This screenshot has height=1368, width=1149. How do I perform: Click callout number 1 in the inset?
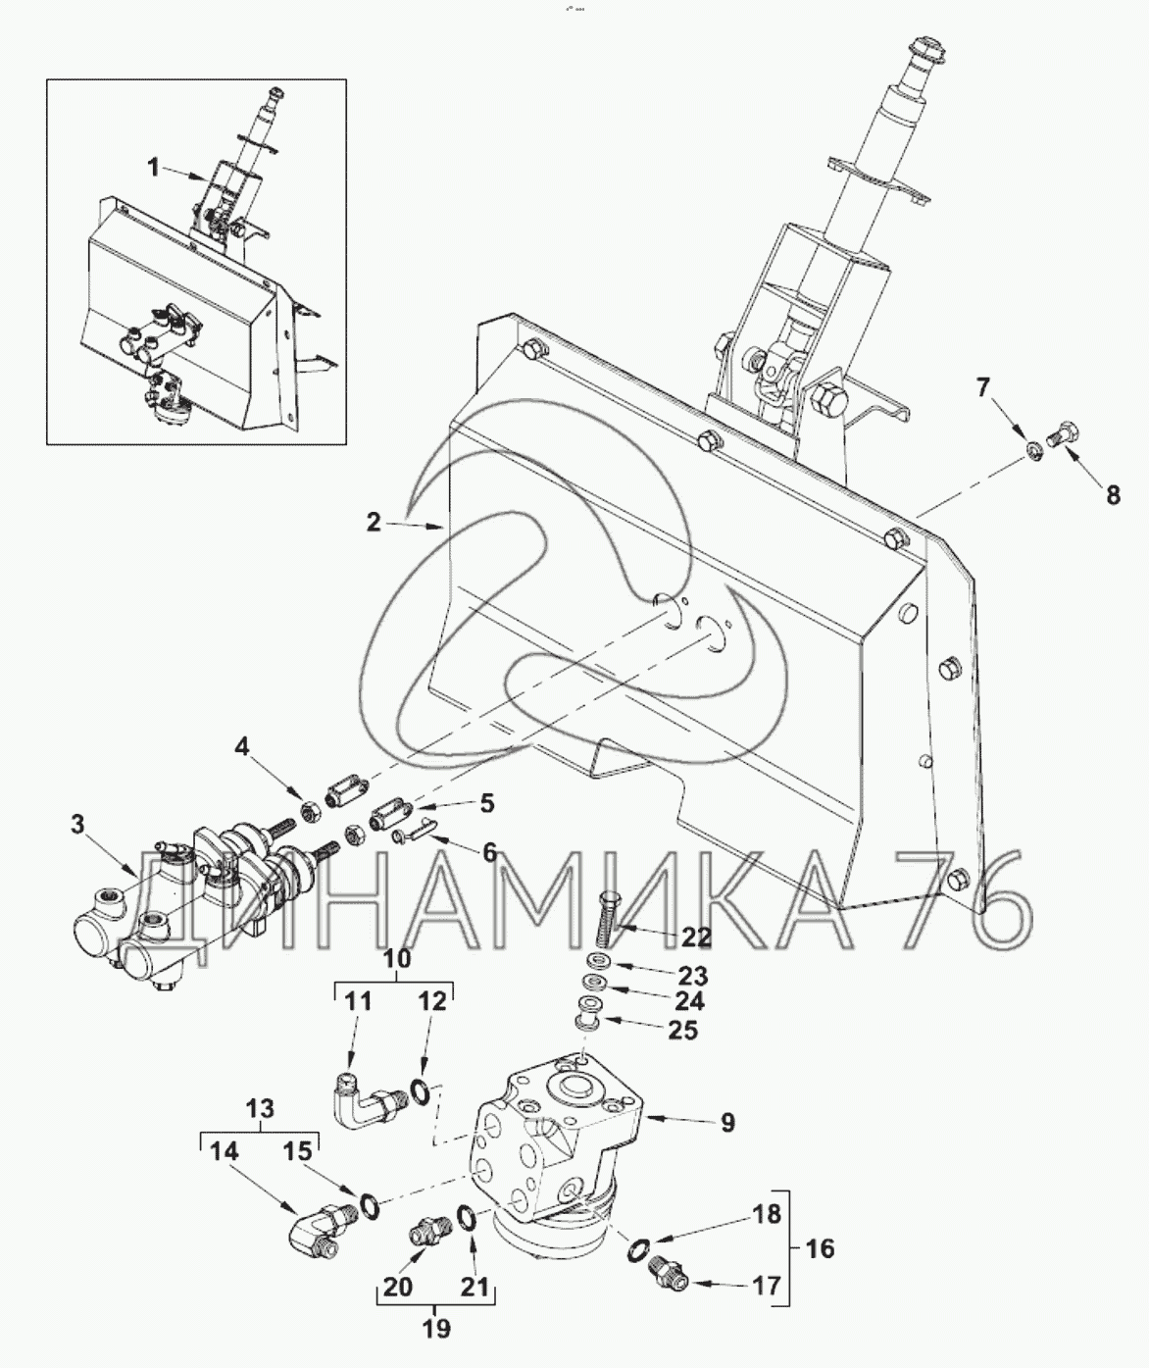(153, 168)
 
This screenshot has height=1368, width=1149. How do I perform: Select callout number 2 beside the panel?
(374, 523)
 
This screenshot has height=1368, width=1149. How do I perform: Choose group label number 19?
(436, 1329)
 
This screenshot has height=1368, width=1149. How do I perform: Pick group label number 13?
(261, 1109)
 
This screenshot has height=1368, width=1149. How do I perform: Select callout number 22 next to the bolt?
(697, 937)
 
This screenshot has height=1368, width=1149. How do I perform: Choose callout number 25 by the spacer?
(683, 1030)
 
